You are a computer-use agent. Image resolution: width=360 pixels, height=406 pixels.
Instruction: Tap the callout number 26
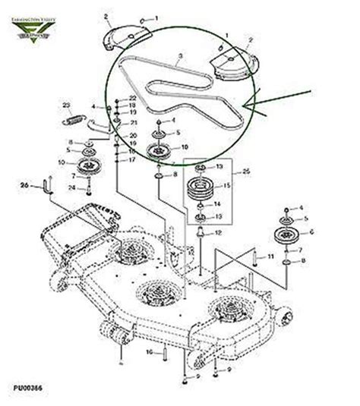coord(24,184)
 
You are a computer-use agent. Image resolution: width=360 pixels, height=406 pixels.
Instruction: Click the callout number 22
coord(133,99)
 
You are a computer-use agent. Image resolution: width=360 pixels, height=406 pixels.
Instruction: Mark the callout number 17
coord(133,160)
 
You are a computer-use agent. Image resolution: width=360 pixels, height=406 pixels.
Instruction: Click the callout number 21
coord(133,122)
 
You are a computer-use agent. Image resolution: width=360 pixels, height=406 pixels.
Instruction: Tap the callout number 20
coord(133,135)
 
